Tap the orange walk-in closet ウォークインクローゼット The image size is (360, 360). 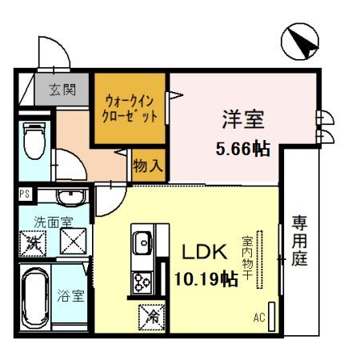[130, 109]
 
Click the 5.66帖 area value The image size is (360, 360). [242, 148]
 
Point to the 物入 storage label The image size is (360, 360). [149, 166]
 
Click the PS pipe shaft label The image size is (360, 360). [23, 193]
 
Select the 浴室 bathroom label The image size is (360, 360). [70, 295]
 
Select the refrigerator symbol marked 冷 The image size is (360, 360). [151, 317]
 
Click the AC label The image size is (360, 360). [258, 318]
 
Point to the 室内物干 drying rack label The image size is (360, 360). [249, 255]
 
